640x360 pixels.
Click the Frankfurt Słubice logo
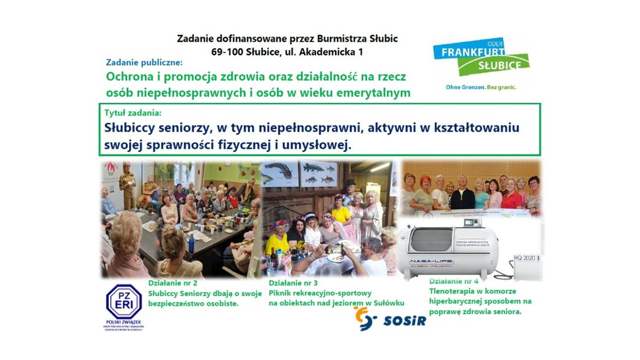481,58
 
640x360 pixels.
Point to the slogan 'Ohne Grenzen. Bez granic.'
481,88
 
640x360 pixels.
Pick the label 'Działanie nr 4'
454,281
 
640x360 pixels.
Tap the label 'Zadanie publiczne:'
144,63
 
